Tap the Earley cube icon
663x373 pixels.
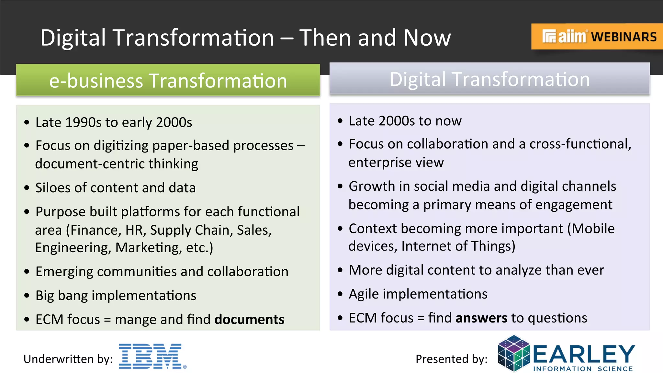(x=513, y=354)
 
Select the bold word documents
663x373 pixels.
(x=249, y=320)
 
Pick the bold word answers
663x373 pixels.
(x=481, y=318)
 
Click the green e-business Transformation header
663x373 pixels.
(x=168, y=80)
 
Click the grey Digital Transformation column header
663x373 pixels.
(x=489, y=79)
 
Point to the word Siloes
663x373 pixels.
(x=52, y=188)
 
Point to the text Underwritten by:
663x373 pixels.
(x=68, y=359)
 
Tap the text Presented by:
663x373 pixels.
(x=451, y=359)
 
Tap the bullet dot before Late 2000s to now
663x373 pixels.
(x=340, y=121)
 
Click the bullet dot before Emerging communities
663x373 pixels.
(x=27, y=272)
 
